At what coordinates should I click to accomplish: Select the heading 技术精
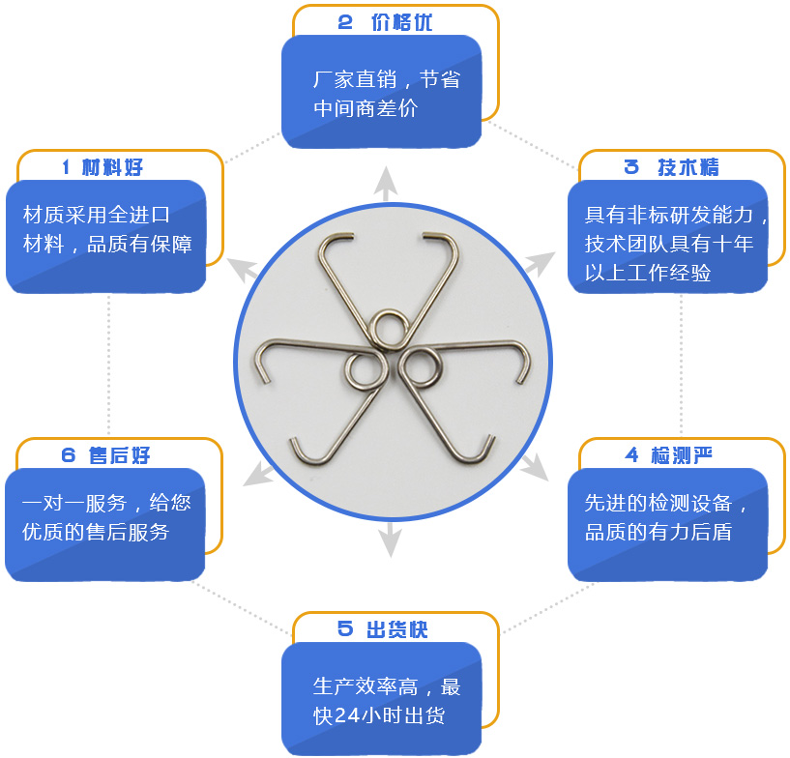pyautogui.click(x=688, y=167)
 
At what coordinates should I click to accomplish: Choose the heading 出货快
pyautogui.click(x=396, y=629)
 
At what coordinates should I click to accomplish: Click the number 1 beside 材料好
pyautogui.click(x=66, y=167)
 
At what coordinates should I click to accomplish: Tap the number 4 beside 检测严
pyautogui.click(x=632, y=454)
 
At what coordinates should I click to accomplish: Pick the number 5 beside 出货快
pyautogui.click(x=345, y=629)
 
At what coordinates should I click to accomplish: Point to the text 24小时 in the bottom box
pyautogui.click(x=377, y=717)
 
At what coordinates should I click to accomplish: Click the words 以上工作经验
pyautogui.click(x=647, y=274)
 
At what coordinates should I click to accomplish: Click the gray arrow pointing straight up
pyautogui.click(x=386, y=183)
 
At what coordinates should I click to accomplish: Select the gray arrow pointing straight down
pyautogui.click(x=390, y=539)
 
